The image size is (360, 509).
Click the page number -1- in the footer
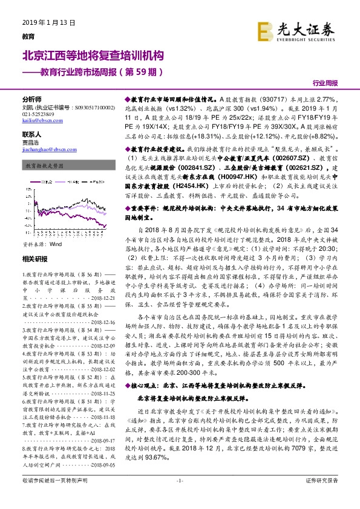(179, 497)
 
